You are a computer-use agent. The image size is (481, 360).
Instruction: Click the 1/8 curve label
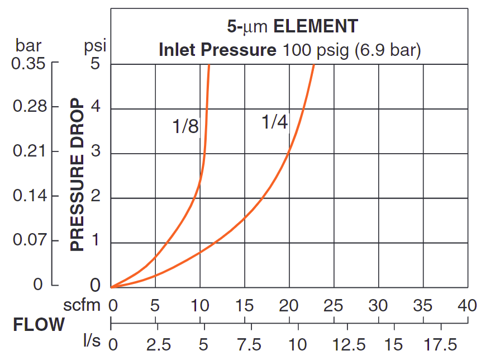pyautogui.click(x=185, y=127)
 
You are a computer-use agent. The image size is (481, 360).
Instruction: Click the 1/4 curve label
pyautogui.click(x=274, y=122)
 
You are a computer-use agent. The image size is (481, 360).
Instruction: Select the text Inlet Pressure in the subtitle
pyautogui.click(x=217, y=50)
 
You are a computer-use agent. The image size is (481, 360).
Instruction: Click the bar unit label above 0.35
pyautogui.click(x=28, y=45)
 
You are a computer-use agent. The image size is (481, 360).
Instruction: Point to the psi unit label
pyautogui.click(x=95, y=45)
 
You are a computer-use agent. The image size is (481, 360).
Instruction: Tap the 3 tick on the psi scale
pyautogui.click(x=96, y=153)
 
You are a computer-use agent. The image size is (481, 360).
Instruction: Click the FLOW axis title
pyautogui.click(x=39, y=325)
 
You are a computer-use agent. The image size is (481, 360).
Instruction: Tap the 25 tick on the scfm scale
pyautogui.click(x=334, y=305)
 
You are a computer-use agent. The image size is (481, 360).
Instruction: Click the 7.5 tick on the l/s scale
pyautogui.click(x=252, y=343)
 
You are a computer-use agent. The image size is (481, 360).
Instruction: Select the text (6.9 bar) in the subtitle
pyautogui.click(x=385, y=50)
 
